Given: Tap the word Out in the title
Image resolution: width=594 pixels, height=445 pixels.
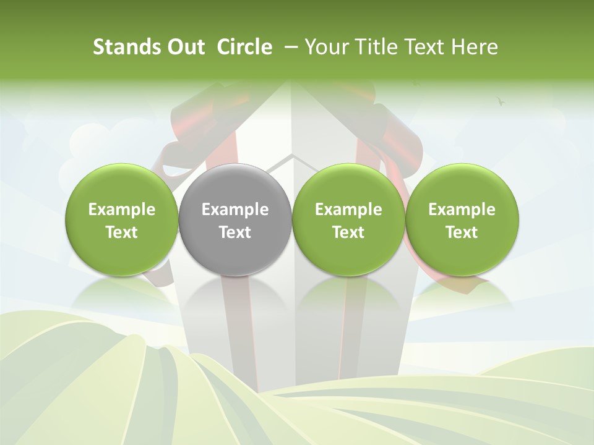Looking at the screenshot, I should pos(184,47).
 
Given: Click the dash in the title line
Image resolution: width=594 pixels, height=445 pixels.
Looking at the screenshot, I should pos(289,48).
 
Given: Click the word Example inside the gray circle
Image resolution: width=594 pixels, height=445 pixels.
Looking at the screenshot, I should pos(235,210).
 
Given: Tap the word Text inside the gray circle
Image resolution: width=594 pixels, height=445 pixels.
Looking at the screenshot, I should pos(235,232).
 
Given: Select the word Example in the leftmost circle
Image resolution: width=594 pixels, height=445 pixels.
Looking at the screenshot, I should pos(122,210).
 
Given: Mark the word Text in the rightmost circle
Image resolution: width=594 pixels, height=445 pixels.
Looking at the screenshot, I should pos(462,232).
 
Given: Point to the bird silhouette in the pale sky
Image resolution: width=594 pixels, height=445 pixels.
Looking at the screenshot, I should pos(501,101).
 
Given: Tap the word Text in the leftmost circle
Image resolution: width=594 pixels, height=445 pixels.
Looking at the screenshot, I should pos(122,232).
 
